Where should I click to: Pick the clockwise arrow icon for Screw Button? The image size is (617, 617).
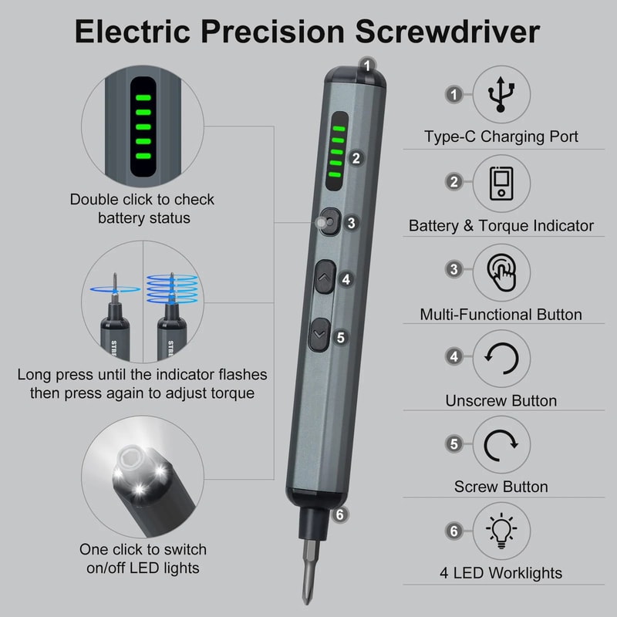pyautogui.click(x=501, y=445)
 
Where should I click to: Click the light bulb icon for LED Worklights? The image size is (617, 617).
pyautogui.click(x=501, y=531)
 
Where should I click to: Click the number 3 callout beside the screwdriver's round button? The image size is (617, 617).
pyautogui.click(x=351, y=223)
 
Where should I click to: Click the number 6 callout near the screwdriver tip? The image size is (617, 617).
pyautogui.click(x=339, y=514)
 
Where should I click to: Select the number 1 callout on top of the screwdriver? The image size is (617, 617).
pyautogui.click(x=368, y=66)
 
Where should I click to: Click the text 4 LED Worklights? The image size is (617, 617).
pyautogui.click(x=501, y=573)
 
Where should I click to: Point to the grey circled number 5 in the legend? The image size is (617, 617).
pyautogui.click(x=454, y=443)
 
